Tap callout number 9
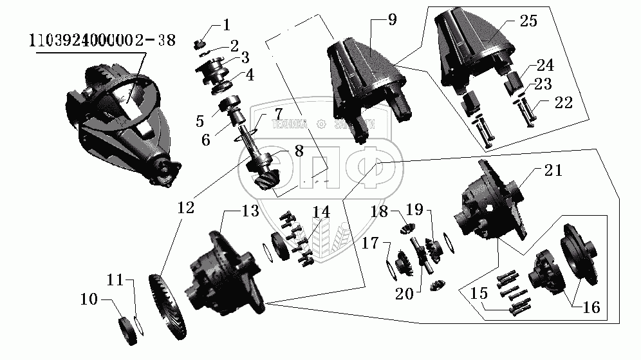pyautogui.click(x=392, y=20)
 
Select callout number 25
pyautogui.click(x=528, y=20)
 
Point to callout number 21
pyautogui.click(x=553, y=171)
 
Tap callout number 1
pyautogui.click(x=226, y=25)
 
